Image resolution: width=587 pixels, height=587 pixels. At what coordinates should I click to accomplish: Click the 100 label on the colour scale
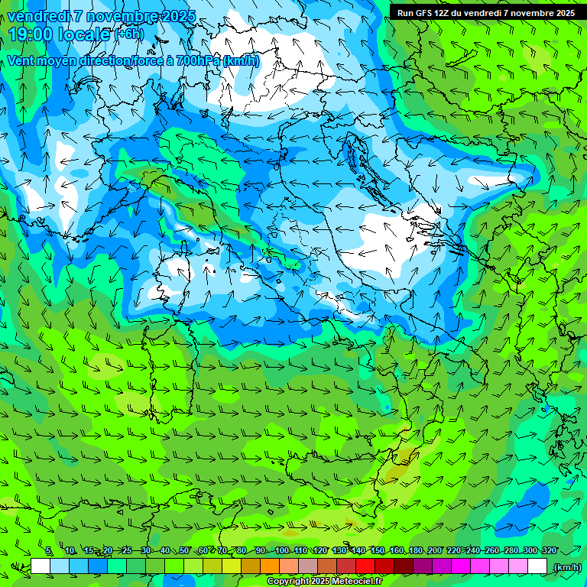pos(282,550)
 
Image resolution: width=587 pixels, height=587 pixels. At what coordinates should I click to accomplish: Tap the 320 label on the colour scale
pos(550,550)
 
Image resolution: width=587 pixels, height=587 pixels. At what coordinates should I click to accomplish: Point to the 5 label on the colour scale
pos(49,550)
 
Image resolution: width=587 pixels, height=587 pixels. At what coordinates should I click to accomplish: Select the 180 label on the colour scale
pos(416,550)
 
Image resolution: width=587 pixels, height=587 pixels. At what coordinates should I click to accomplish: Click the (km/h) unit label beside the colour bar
pos(566,567)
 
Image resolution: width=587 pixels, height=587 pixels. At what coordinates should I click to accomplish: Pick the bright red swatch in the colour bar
pos(365,566)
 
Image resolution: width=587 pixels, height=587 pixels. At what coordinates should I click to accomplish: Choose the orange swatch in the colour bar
pos(270,566)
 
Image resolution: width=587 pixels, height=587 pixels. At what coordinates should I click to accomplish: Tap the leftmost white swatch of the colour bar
pos(41,566)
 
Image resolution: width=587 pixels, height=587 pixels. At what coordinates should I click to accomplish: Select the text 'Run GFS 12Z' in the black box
pos(423,12)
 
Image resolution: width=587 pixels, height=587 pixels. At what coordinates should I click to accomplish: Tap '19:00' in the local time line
pos(29,34)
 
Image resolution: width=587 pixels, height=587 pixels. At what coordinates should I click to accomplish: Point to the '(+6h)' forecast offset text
pos(128,34)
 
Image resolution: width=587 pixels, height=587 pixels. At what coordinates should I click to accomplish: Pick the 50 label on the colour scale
pos(184,550)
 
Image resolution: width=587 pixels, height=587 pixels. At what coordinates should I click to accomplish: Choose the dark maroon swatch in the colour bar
pos(404,566)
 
